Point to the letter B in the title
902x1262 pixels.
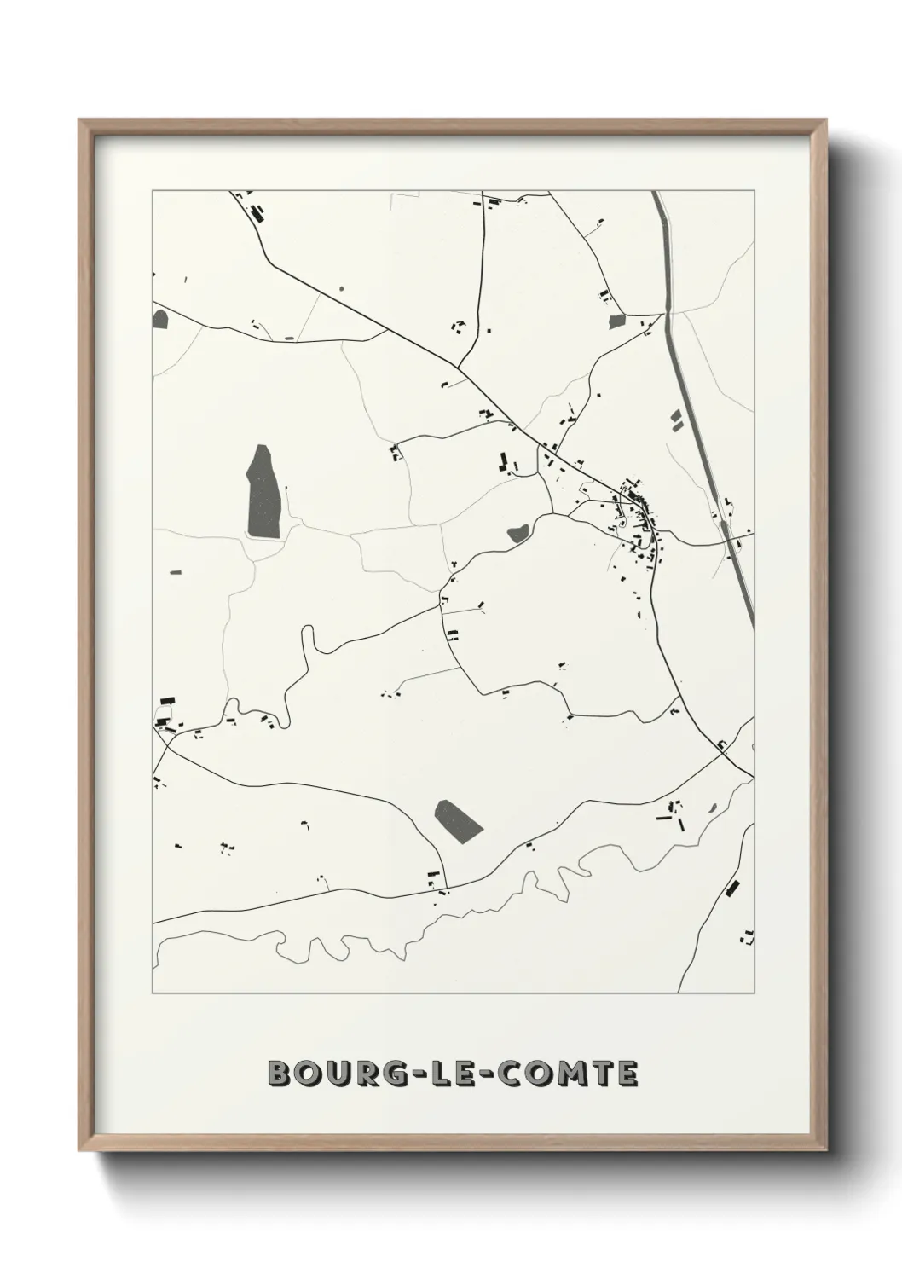[279, 1074]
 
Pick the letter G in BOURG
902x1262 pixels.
[403, 1074]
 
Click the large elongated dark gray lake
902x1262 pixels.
[263, 492]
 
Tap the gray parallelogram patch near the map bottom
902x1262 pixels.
[458, 821]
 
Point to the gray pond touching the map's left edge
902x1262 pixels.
[160, 320]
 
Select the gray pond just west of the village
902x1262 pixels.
[517, 534]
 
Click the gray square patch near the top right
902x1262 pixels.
[616, 322]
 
